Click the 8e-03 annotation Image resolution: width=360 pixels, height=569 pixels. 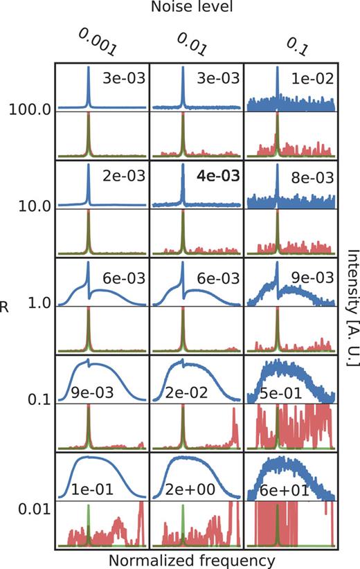pyautogui.click(x=310, y=177)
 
